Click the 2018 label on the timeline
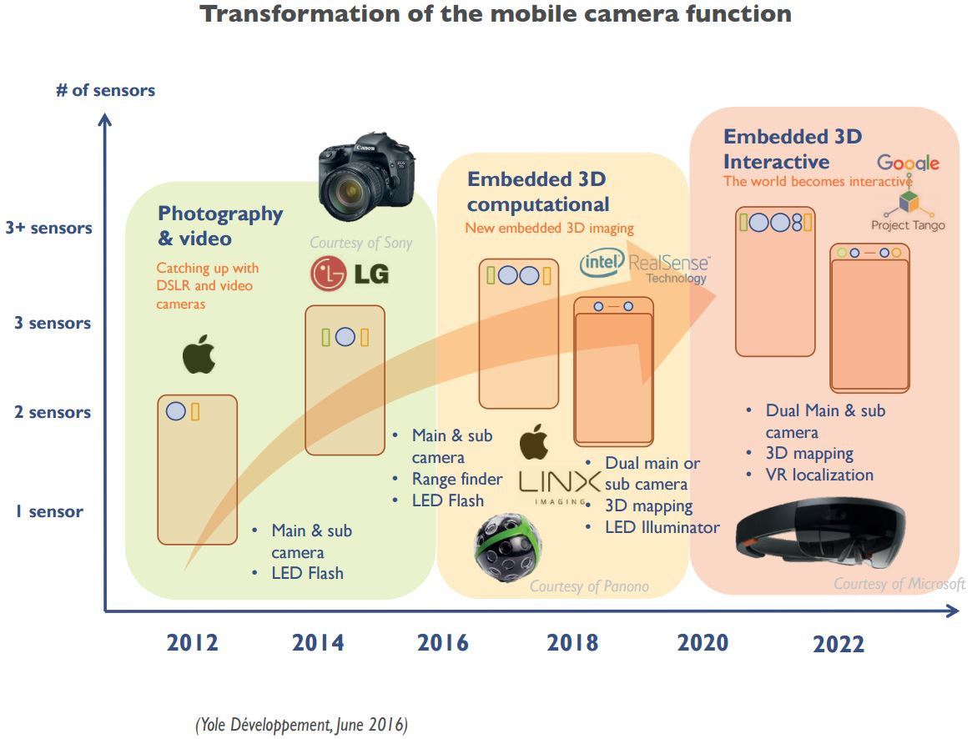click(572, 642)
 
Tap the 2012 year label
click(192, 643)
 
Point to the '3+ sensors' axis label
click(48, 228)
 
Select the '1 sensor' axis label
click(48, 511)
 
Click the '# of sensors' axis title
click(105, 90)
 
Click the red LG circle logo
click(328, 273)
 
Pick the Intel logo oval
click(602, 264)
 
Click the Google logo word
click(908, 163)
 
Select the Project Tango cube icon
click(907, 204)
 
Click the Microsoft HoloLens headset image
click(821, 530)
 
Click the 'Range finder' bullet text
click(457, 479)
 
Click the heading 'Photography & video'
click(220, 225)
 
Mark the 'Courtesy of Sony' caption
click(361, 243)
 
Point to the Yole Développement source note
click(301, 725)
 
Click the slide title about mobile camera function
click(496, 14)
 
